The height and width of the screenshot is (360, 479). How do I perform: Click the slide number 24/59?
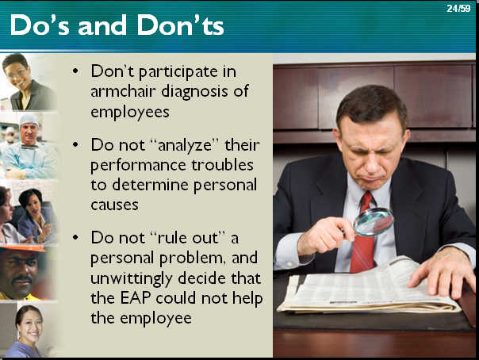[x=458, y=9]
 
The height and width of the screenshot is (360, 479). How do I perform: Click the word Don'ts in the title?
[x=181, y=25]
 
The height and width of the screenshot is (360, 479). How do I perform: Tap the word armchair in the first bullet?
[x=123, y=91]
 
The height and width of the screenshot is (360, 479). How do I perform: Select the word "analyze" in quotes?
[x=186, y=145]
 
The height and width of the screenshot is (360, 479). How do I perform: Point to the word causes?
[x=114, y=205]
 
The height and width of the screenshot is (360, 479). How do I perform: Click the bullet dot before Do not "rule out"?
[x=75, y=237]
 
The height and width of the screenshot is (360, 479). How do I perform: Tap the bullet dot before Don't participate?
[x=75, y=71]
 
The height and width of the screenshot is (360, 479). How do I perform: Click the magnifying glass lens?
[x=374, y=222]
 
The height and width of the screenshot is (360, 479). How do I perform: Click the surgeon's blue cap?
[x=29, y=120]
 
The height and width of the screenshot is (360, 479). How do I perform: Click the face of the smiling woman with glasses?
[x=16, y=73]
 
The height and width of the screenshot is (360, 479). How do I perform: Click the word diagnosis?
[x=194, y=92]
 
